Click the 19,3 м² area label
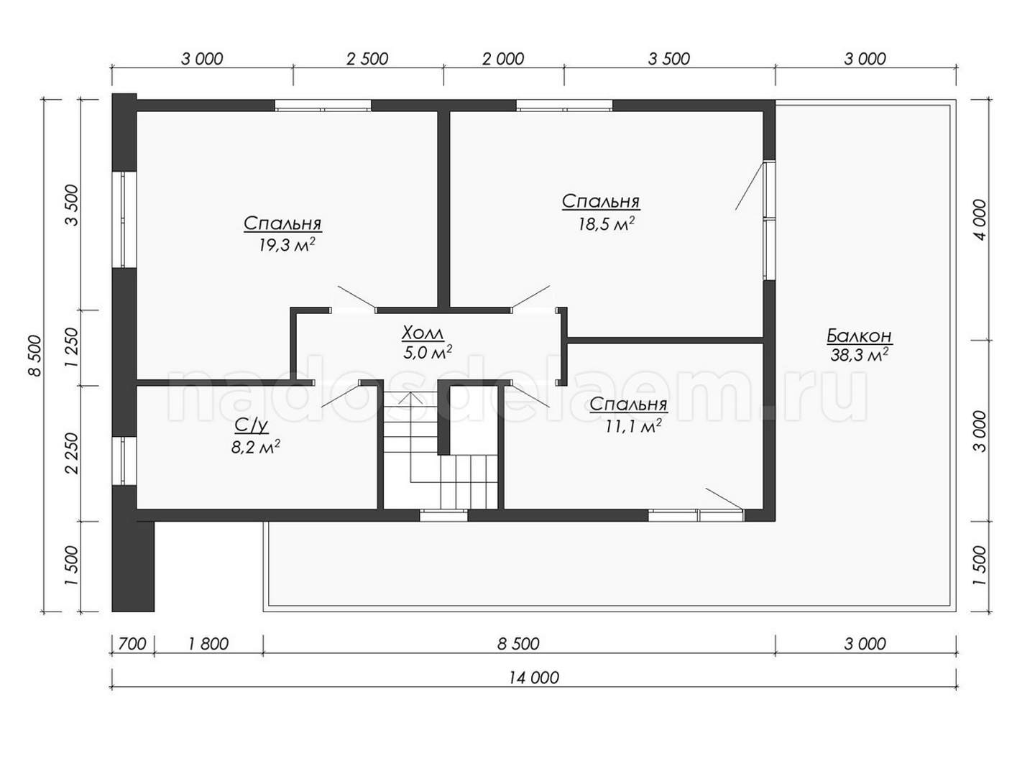point(287,245)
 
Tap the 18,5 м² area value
point(606,223)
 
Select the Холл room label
point(422,333)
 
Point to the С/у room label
point(252,426)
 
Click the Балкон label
point(859,336)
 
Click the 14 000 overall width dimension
point(534,678)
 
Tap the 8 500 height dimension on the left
point(35,356)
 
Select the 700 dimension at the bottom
point(132,643)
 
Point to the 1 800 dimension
point(208,643)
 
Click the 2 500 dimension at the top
point(367,59)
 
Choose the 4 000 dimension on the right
point(980,220)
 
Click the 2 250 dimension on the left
point(72,453)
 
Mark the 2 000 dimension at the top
point(503,59)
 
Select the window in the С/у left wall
point(124,461)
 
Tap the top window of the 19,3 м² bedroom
point(323,106)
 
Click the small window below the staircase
point(443,515)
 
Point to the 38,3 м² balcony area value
point(859,355)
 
